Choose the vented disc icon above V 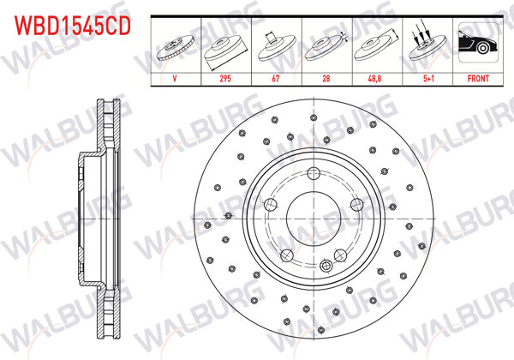pos(176,46)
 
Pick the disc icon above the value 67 pos(277,46)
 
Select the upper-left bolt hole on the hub pos(270,204)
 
